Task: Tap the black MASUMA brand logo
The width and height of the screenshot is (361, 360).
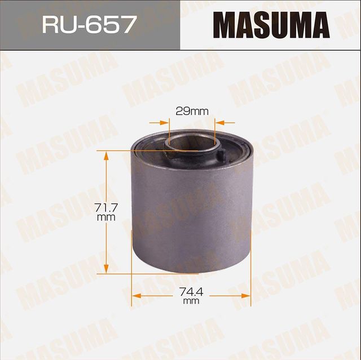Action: click(271, 25)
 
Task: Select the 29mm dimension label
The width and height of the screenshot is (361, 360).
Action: click(192, 111)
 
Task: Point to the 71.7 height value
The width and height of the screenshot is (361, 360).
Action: click(106, 208)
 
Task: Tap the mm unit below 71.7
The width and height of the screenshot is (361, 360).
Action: click(106, 217)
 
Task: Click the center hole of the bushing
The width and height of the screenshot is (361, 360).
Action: click(191, 142)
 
